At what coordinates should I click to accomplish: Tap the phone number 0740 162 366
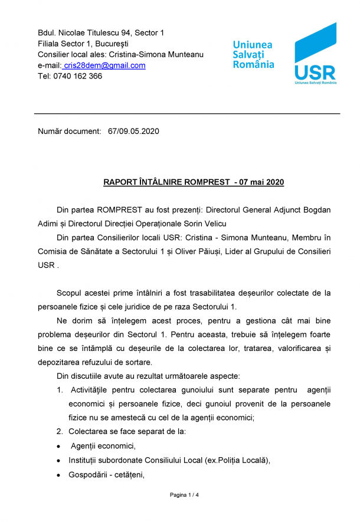(x=79, y=76)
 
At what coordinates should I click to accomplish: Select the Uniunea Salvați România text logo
(x=253, y=55)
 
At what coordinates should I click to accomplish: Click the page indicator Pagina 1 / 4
(x=184, y=495)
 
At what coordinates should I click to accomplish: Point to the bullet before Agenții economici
(x=58, y=446)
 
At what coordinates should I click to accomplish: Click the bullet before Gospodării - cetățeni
(x=58, y=474)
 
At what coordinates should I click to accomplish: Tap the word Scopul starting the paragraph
(x=71, y=293)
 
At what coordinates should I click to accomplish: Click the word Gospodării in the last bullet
(x=89, y=474)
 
